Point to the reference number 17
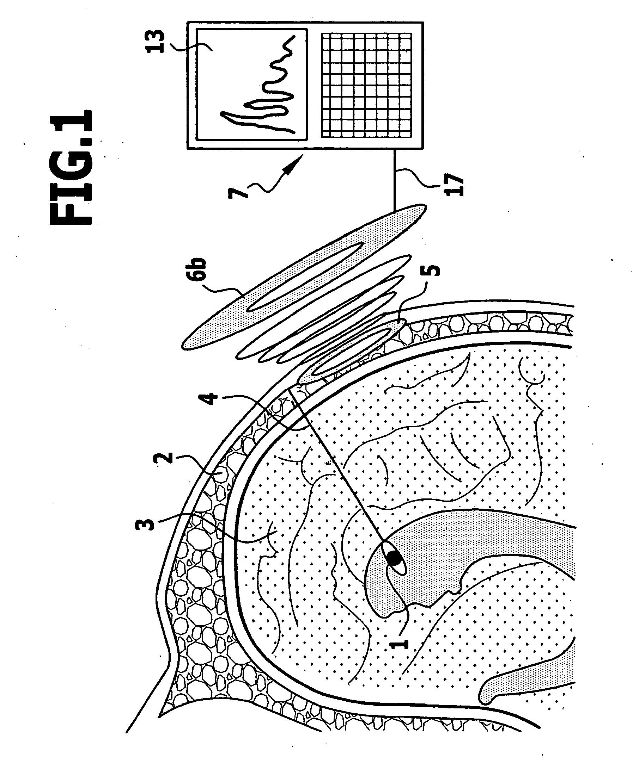click(x=454, y=185)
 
